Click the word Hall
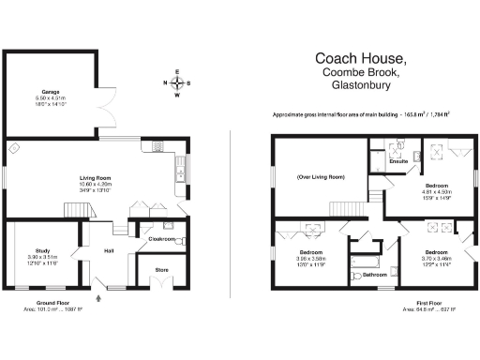[x=109, y=250]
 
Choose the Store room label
[x=161, y=270]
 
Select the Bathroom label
[x=375, y=275]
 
